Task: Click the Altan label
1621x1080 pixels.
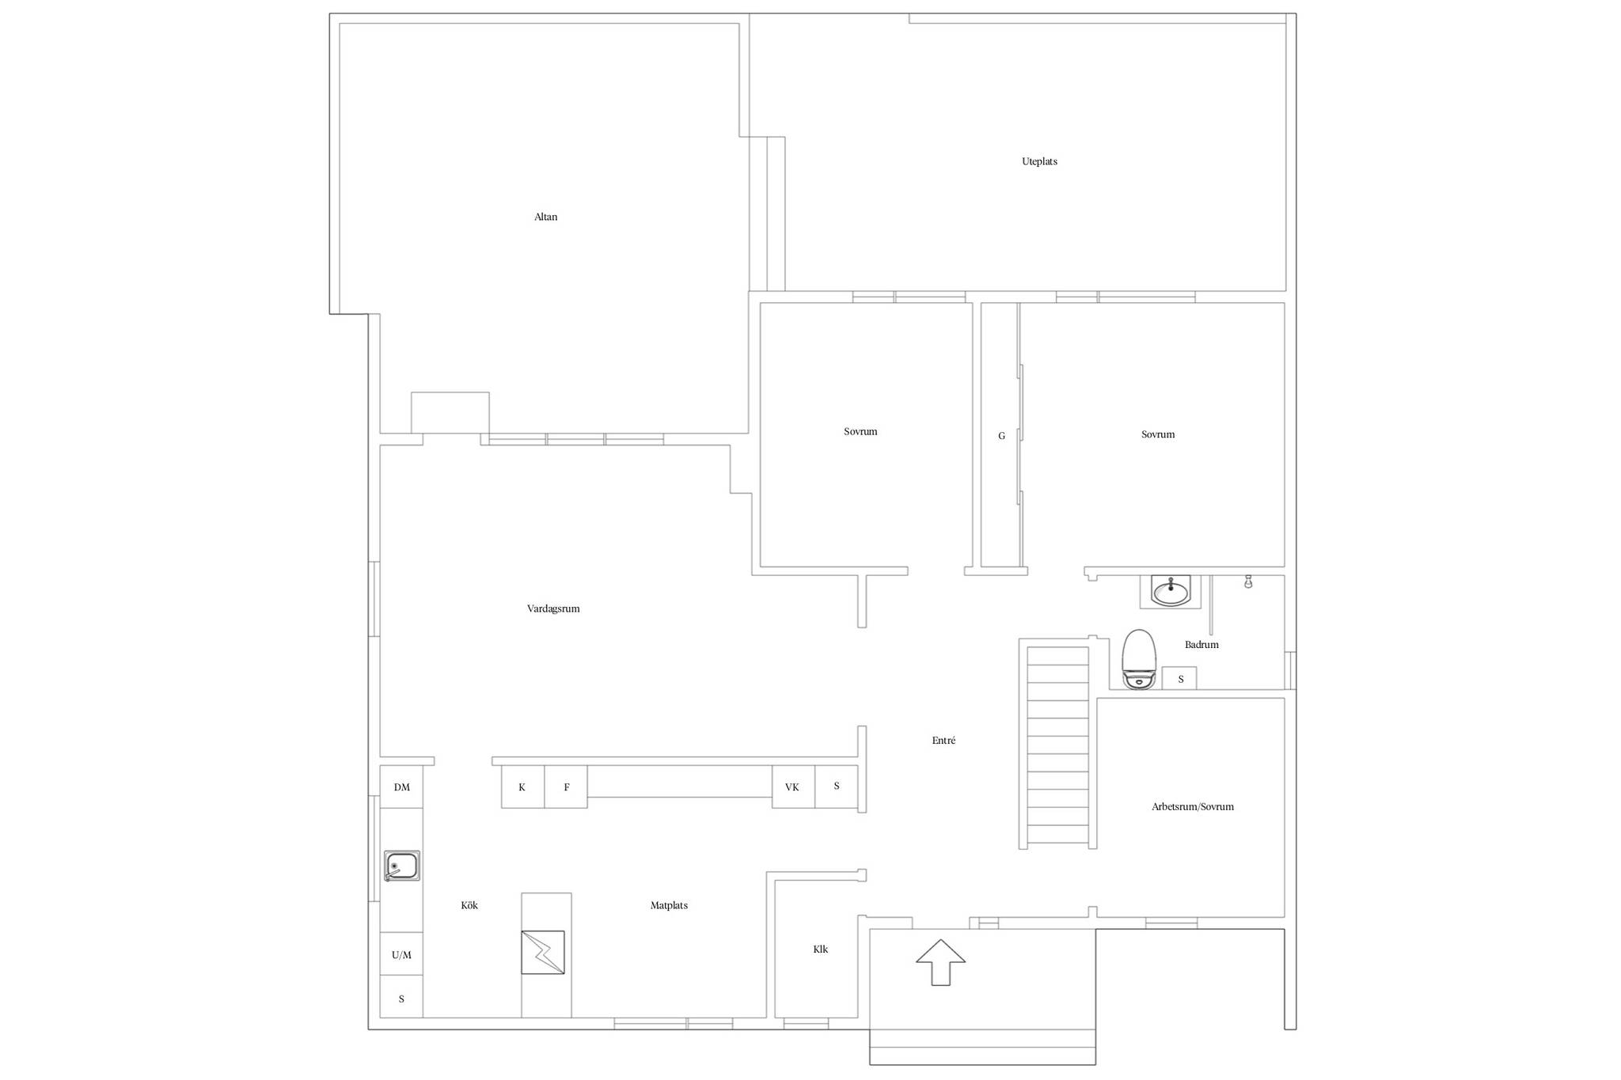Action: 545,217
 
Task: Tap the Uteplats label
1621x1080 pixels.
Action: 1039,161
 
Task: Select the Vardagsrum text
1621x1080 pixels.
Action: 553,608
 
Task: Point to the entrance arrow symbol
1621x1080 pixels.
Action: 940,962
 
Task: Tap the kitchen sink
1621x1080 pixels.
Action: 401,866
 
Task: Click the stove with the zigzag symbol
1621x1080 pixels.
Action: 543,952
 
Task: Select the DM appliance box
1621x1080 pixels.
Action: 401,786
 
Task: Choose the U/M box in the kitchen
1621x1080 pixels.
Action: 401,954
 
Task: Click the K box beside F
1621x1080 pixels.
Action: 522,786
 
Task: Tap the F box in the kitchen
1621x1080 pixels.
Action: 566,786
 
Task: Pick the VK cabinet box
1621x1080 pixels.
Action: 793,786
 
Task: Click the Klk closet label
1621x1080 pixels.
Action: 821,949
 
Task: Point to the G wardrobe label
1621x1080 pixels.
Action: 1001,436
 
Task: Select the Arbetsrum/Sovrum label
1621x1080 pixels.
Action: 1193,807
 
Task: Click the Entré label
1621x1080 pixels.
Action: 943,741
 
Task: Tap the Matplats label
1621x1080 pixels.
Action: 669,905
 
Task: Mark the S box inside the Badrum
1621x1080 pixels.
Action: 1179,678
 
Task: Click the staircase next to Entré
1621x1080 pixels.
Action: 1057,744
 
